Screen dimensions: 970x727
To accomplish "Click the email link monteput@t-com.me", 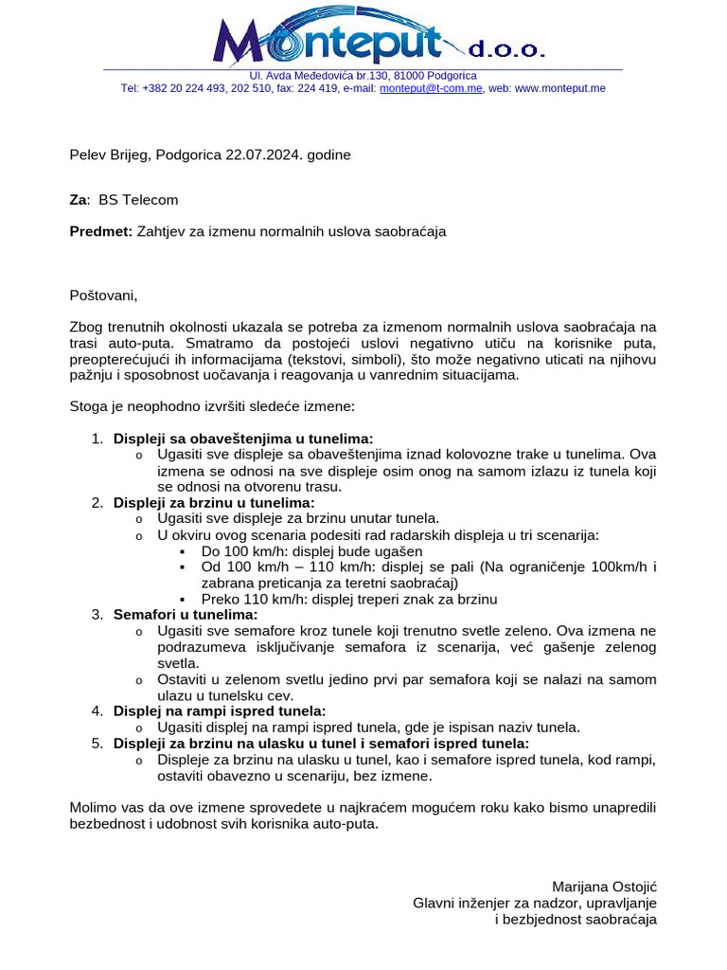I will click(431, 88).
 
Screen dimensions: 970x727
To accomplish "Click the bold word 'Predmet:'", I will click(101, 230).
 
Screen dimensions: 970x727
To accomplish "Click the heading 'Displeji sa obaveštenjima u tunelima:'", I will click(243, 439).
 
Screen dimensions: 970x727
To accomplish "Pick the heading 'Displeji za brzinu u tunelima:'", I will click(214, 502).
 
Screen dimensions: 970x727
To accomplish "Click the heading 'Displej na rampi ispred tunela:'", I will click(220, 710).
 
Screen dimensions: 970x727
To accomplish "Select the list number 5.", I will click(97, 744).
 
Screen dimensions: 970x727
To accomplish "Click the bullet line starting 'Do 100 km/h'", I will click(311, 551).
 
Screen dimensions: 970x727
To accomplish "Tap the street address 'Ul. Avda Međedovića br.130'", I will click(324, 75).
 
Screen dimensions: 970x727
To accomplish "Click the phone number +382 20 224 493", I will click(184, 88).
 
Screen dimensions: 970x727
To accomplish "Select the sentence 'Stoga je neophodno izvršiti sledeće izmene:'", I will click(212, 406).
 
